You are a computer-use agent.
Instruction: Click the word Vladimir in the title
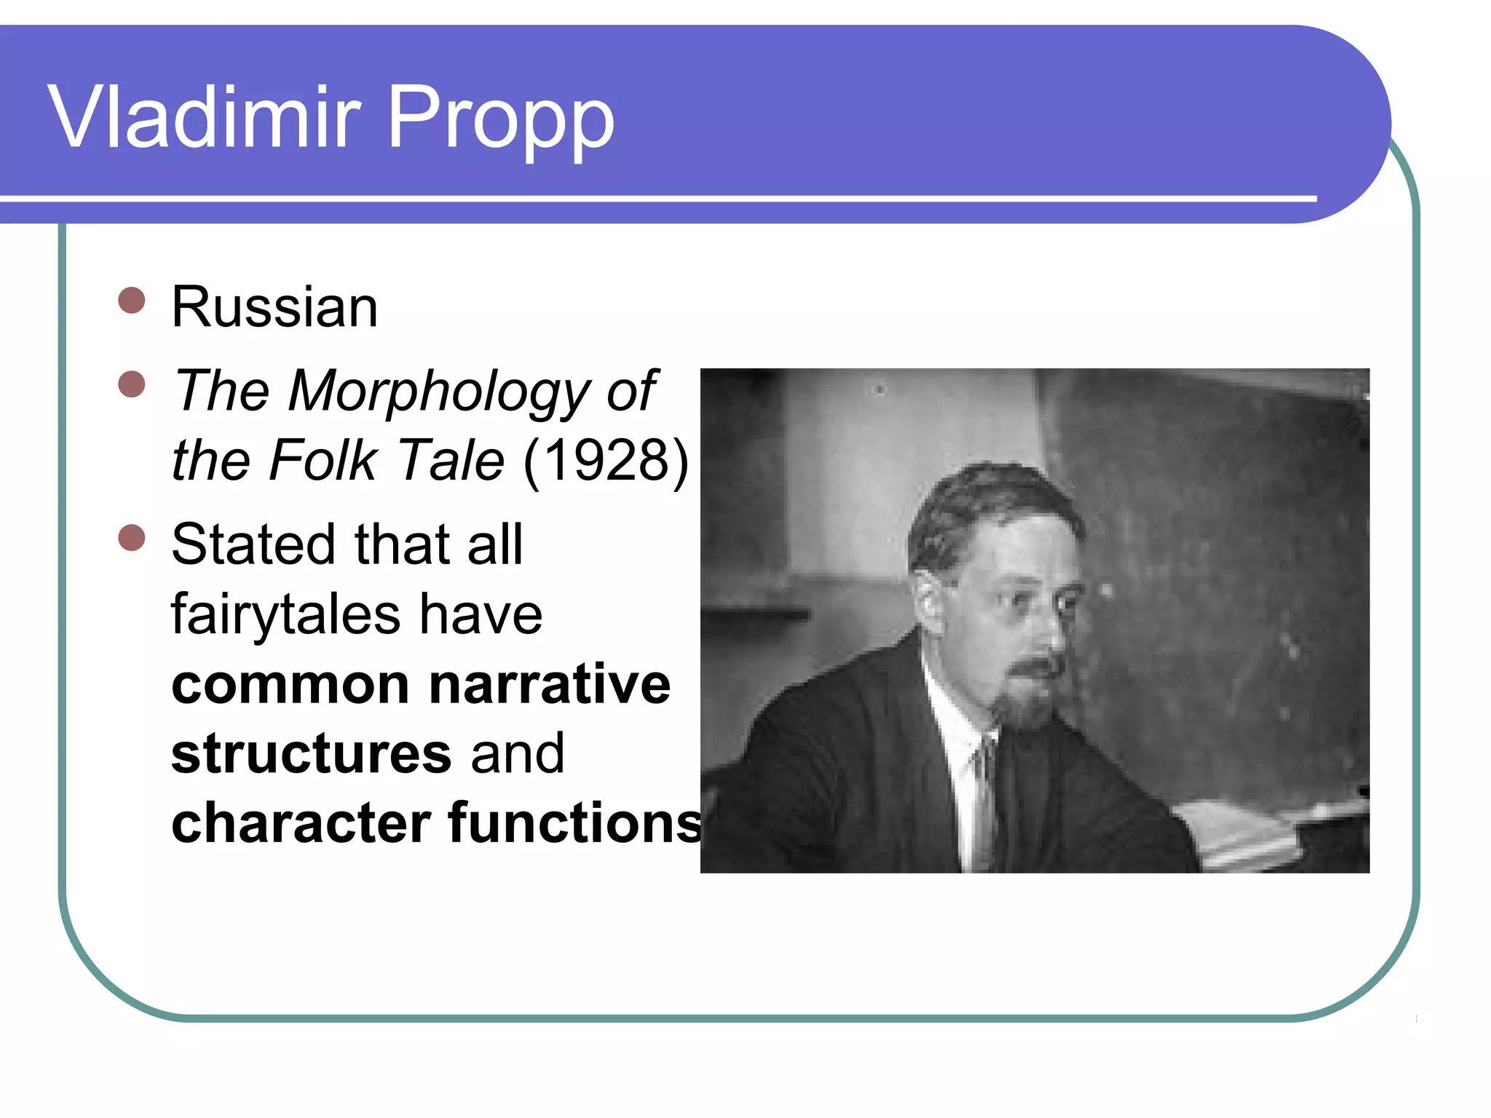(x=205, y=116)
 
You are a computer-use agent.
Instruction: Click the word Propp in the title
(x=501, y=120)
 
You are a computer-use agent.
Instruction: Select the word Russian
(x=274, y=306)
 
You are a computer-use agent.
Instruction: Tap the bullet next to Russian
(x=132, y=300)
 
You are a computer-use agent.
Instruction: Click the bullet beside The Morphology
(x=132, y=384)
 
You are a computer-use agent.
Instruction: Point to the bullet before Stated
(x=132, y=538)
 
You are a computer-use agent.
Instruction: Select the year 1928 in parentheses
(x=606, y=460)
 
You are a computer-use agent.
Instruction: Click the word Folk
(x=323, y=460)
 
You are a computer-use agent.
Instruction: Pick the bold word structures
(x=312, y=753)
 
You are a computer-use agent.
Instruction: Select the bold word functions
(x=575, y=823)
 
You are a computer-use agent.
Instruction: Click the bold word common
(x=290, y=684)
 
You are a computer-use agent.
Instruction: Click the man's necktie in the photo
(x=984, y=793)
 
